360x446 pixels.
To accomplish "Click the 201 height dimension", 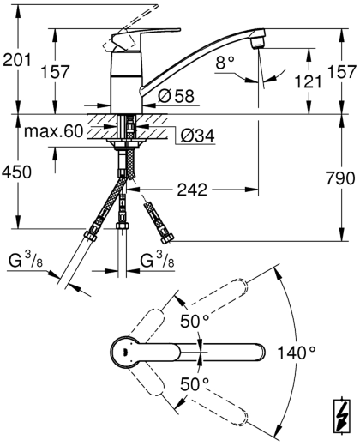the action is click(16, 60).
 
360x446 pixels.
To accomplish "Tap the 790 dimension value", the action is click(340, 178).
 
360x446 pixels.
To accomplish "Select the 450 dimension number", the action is click(16, 172).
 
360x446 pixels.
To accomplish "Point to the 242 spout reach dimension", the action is click(192, 190).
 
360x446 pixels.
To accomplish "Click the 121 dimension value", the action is click(308, 81).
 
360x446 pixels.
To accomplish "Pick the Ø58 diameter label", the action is click(177, 96).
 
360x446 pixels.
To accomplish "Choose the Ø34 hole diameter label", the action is click(198, 135).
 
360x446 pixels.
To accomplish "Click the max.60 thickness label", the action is click(53, 131).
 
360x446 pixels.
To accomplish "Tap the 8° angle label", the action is click(225, 63).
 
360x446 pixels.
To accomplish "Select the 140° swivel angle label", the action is click(297, 353).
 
